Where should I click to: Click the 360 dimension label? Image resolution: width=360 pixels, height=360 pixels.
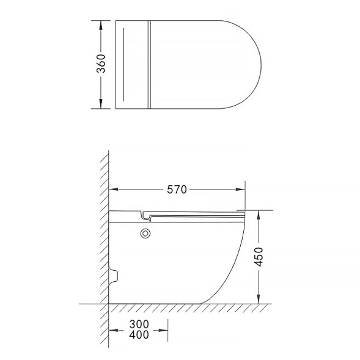click(x=101, y=64)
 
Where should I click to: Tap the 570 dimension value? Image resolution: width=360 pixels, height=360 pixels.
click(x=177, y=189)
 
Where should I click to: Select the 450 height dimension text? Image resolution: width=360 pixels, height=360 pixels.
click(x=259, y=257)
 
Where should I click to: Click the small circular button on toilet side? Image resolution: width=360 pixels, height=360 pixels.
click(x=145, y=233)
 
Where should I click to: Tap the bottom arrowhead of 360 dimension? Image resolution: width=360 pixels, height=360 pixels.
click(x=101, y=104)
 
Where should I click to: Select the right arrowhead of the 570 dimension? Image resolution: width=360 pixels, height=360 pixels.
click(x=240, y=189)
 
